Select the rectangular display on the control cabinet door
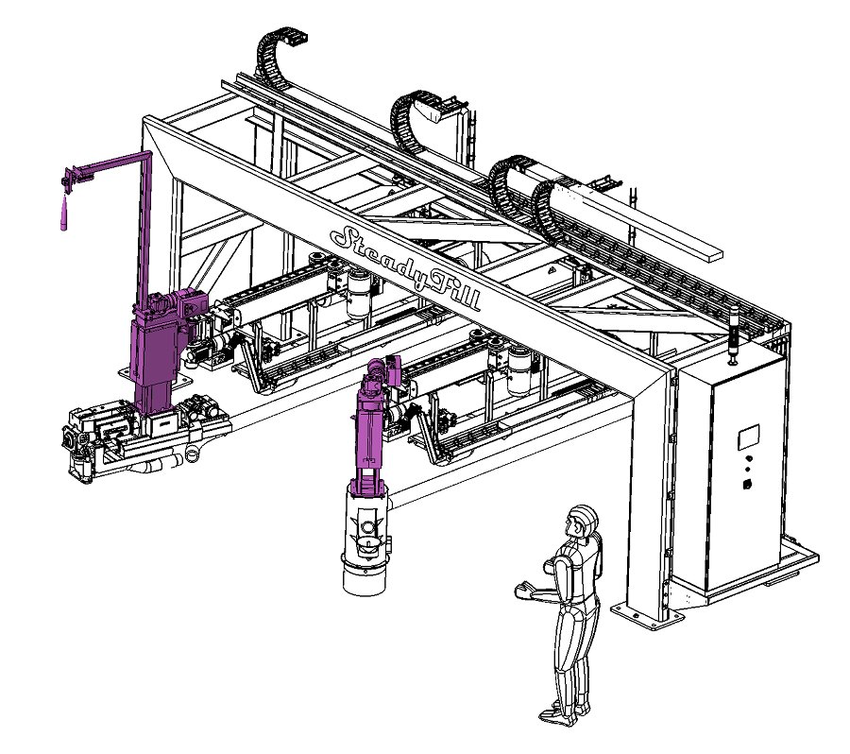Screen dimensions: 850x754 (x=748, y=437)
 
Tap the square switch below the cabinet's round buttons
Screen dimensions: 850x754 (x=747, y=484)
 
